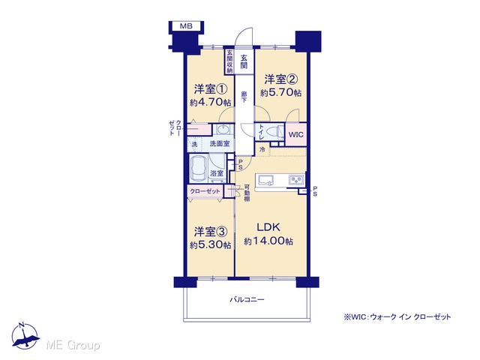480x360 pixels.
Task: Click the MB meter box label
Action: (186, 26)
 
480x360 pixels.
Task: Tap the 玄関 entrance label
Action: (244, 61)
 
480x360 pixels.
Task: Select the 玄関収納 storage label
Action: (229, 61)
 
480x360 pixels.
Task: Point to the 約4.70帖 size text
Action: (210, 102)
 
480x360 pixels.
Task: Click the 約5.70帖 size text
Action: (280, 92)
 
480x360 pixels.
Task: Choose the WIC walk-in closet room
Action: (295, 134)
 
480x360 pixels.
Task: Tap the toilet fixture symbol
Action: (275, 132)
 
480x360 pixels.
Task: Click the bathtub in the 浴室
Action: (199, 169)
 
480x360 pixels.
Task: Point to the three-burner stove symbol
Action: (295, 180)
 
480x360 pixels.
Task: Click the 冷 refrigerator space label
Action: (262, 149)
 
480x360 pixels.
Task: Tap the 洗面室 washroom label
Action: (220, 143)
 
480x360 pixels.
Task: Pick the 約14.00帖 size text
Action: (268, 241)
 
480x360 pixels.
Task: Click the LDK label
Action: (268, 227)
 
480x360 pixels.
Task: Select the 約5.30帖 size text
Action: (210, 245)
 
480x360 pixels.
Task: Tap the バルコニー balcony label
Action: (247, 299)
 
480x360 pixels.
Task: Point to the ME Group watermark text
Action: (73, 345)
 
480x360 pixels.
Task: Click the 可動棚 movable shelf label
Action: (247, 193)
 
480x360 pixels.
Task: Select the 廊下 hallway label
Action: (244, 97)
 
